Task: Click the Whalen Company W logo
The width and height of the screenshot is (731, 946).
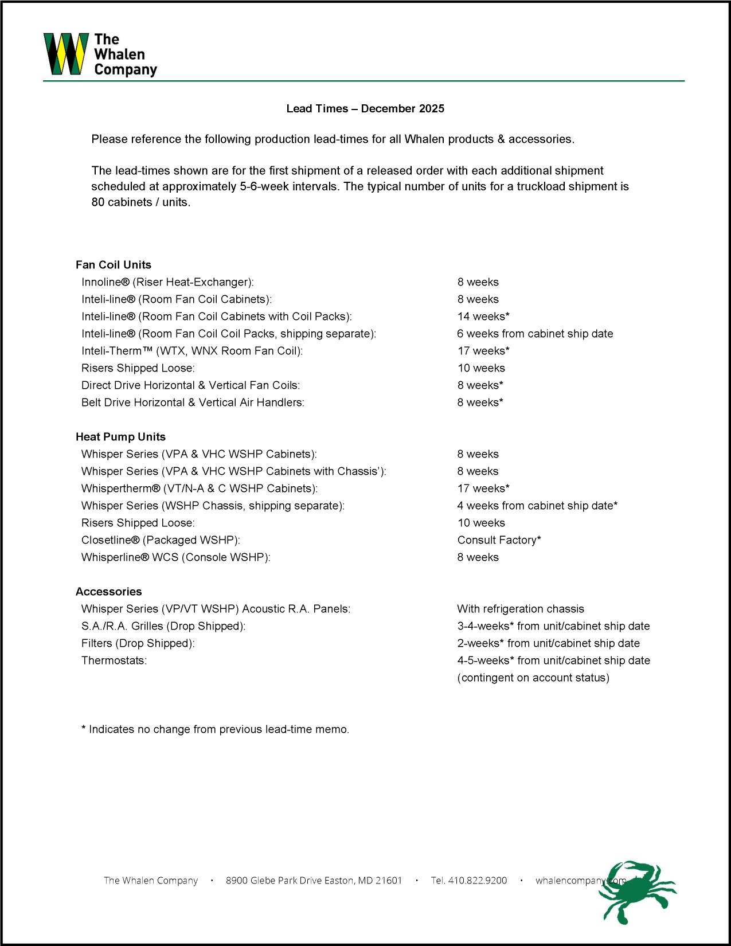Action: [66, 54]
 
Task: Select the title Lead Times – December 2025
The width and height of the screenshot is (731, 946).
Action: [365, 108]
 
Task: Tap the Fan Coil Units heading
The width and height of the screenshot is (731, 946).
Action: [114, 265]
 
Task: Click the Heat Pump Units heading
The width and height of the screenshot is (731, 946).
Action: [120, 437]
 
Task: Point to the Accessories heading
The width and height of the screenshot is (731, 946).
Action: [108, 592]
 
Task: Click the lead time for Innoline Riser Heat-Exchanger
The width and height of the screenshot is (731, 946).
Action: [478, 282]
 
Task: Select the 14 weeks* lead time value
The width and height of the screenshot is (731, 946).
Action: [483, 316]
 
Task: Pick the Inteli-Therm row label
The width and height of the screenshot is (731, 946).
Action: [192, 351]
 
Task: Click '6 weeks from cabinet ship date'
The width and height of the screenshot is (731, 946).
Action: [535, 334]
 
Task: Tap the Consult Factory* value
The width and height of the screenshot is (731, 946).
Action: [499, 540]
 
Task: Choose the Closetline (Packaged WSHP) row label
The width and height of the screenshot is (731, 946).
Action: [161, 540]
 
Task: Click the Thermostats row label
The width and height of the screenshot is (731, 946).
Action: [114, 660]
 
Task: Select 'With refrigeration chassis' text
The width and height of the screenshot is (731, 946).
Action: [521, 609]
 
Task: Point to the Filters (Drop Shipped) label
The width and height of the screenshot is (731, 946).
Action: [138, 643]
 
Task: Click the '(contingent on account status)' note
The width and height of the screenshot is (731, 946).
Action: [533, 678]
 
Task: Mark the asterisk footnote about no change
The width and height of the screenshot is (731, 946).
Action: [215, 729]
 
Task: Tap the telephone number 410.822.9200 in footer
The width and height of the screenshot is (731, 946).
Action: [469, 881]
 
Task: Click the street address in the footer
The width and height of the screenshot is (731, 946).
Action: [314, 881]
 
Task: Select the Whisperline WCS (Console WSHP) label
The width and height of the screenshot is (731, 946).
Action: [175, 557]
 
